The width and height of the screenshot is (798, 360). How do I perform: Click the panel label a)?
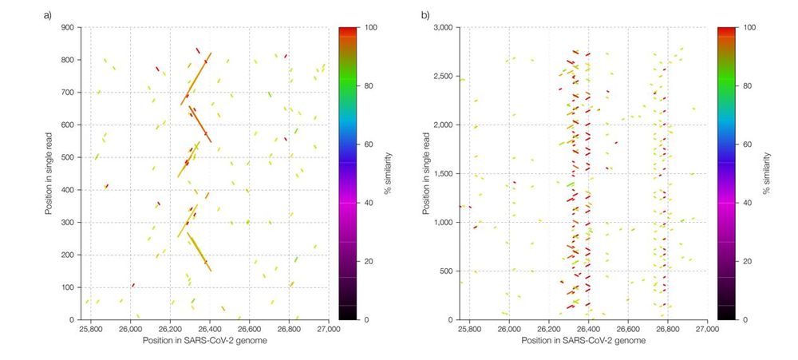[x=48, y=14]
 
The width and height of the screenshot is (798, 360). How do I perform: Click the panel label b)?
[x=425, y=14]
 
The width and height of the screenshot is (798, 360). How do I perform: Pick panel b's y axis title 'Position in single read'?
[x=429, y=173]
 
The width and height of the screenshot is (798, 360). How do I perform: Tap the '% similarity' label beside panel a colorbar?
[x=388, y=173]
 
